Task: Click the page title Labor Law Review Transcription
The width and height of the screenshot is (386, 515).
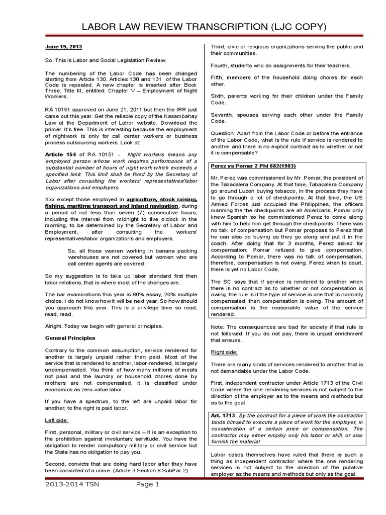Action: [x=192, y=26]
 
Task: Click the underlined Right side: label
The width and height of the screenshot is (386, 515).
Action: [x=224, y=353]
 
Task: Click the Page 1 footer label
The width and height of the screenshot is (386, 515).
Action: [x=147, y=499]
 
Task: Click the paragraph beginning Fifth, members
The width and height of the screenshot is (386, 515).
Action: [x=294, y=81]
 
